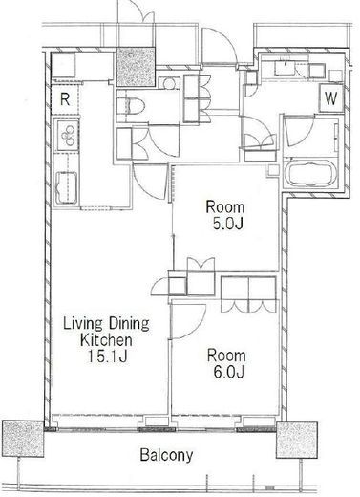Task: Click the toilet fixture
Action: (131, 105)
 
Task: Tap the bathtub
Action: (309, 172)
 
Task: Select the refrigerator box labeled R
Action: (65, 99)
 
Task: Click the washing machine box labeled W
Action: (331, 98)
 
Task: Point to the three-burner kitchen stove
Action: (68, 135)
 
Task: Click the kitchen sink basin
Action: (66, 188)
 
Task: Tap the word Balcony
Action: (166, 455)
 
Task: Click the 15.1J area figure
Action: (107, 357)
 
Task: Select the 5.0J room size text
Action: (228, 224)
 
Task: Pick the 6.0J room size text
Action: (228, 372)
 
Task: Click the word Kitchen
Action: (106, 340)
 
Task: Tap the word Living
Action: (83, 324)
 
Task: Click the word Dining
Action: (129, 324)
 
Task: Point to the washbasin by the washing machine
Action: (285, 67)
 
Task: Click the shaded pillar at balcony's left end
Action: (23, 439)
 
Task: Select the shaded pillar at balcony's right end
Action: (296, 441)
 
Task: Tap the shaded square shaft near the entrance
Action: (136, 67)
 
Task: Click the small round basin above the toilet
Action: (168, 84)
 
